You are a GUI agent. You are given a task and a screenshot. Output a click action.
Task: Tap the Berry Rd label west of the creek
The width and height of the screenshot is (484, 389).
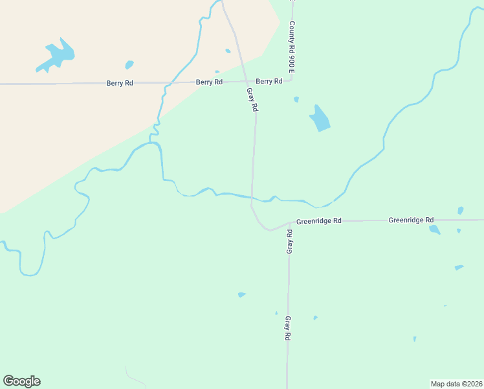pos(120,83)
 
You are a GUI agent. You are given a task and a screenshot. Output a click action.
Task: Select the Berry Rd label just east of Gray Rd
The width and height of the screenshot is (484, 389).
pos(269,81)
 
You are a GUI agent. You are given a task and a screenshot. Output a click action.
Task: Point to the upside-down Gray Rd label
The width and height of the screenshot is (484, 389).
pos(289,241)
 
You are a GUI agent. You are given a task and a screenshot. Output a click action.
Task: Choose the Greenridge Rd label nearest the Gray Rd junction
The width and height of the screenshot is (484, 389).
pos(318,221)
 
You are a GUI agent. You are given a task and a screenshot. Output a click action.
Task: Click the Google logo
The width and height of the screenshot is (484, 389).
pos(21,381)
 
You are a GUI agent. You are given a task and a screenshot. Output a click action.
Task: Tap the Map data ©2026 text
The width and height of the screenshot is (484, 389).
pos(456,383)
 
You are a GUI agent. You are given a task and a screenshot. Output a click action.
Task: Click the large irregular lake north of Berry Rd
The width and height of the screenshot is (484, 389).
pos(57,55)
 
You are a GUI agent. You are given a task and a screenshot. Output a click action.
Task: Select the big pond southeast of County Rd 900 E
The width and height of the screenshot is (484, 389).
pos(320,118)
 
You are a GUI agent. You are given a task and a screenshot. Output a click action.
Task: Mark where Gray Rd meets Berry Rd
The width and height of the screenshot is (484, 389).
pos(247,82)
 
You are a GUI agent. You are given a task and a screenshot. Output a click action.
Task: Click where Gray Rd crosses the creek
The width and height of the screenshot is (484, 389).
pos(252,196)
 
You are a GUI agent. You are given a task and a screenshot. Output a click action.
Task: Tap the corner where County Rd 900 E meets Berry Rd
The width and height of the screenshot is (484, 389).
pos(292,80)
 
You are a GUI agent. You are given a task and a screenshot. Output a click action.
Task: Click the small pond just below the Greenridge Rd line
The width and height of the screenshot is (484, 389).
pos(434,229)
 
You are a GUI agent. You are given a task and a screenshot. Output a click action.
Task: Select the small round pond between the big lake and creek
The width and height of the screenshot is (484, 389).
pos(129,65)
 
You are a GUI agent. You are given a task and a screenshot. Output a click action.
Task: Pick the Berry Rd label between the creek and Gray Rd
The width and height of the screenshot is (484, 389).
pos(209,82)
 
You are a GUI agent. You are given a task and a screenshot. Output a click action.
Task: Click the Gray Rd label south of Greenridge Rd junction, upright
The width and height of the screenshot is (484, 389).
pos(287,328)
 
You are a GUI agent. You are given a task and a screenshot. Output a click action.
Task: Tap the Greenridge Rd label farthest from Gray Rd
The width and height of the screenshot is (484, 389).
pos(411,220)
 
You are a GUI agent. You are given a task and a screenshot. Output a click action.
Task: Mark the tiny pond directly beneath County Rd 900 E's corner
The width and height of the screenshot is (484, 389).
pos(296,99)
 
